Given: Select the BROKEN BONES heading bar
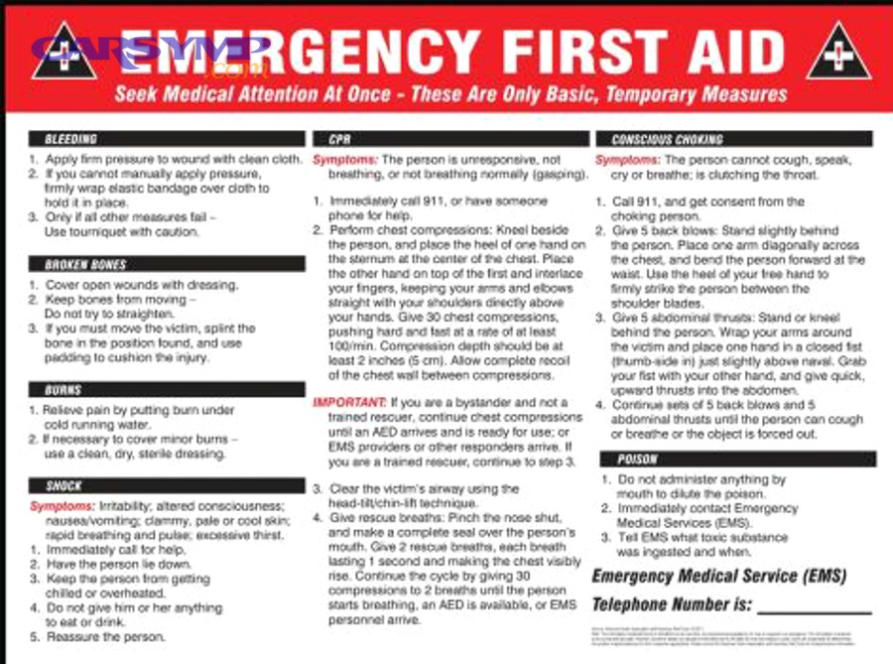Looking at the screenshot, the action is tap(85, 264).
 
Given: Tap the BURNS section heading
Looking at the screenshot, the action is tap(63, 390).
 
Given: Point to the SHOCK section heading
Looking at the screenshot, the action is tap(64, 485).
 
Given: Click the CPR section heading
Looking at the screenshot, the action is tap(339, 139).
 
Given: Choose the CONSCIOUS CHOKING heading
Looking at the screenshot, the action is tap(667, 139).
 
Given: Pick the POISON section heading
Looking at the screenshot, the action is tap(637, 459).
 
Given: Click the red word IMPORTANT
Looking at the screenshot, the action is tap(349, 402).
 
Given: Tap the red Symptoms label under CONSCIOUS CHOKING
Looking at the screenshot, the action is tap(627, 160).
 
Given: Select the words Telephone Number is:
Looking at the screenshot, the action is tap(672, 604).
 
